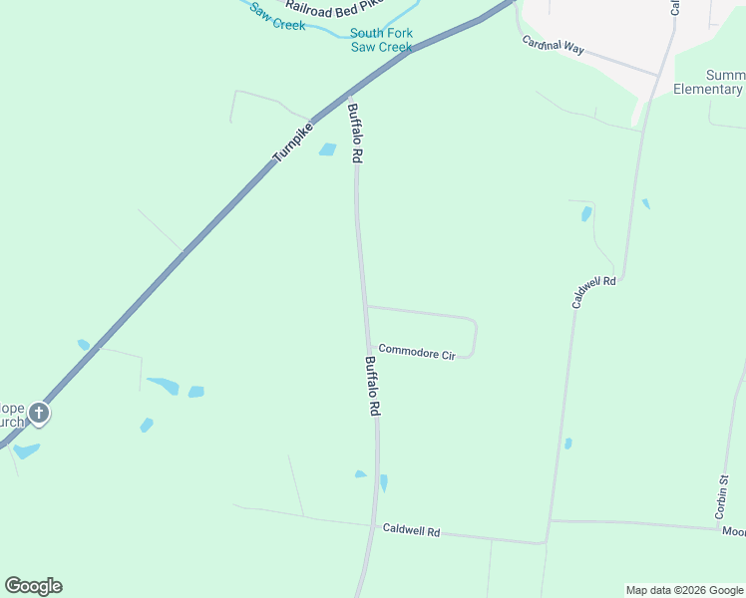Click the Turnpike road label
click(293, 144)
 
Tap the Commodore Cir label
click(417, 353)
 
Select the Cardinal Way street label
click(554, 45)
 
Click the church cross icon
click(39, 413)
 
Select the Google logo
click(33, 586)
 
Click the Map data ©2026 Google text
click(684, 590)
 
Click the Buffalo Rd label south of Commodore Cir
click(372, 387)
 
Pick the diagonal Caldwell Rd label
click(594, 292)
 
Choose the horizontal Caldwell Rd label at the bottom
click(411, 531)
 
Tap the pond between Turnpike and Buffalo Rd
click(327, 150)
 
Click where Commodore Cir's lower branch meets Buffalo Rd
click(370, 348)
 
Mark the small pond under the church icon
click(27, 450)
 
